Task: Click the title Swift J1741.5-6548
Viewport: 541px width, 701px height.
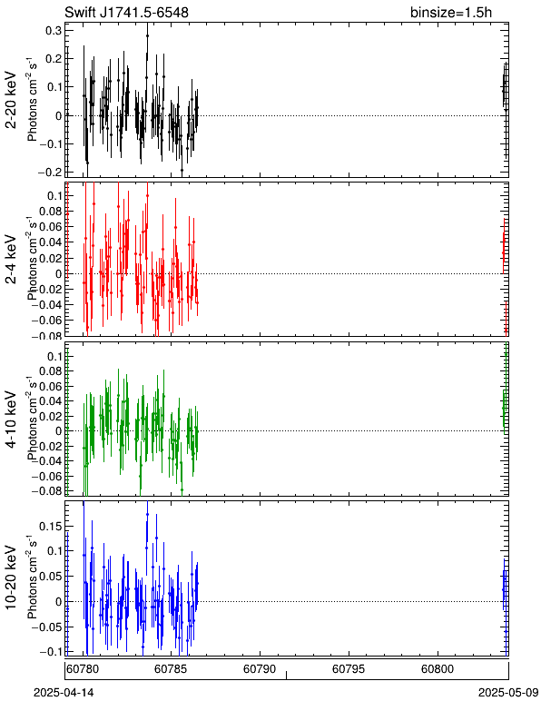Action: pyautogui.click(x=126, y=12)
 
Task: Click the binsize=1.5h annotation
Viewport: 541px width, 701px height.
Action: pyautogui.click(x=451, y=12)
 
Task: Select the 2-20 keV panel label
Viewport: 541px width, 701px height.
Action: pyautogui.click(x=11, y=100)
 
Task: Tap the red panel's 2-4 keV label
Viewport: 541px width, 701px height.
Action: pyautogui.click(x=11, y=260)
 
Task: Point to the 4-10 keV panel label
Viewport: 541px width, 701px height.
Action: pyautogui.click(x=11, y=420)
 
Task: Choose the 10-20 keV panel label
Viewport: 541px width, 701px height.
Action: pyautogui.click(x=11, y=578)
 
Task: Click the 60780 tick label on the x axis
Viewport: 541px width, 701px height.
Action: pyautogui.click(x=84, y=669)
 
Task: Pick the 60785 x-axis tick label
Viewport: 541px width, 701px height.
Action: pyautogui.click(x=171, y=669)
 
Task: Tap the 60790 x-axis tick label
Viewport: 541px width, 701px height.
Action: pyautogui.click(x=260, y=669)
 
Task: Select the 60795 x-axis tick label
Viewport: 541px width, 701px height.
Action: pyautogui.click(x=349, y=669)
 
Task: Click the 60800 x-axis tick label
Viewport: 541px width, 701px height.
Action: pyautogui.click(x=438, y=669)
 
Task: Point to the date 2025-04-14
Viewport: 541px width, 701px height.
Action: pyautogui.click(x=64, y=693)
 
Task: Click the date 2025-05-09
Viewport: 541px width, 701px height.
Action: pyautogui.click(x=508, y=693)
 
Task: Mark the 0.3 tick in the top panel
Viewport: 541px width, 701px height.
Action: pyautogui.click(x=54, y=30)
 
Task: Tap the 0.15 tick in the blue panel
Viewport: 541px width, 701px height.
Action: pyautogui.click(x=50, y=526)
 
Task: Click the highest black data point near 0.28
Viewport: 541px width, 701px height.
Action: pyautogui.click(x=147, y=35)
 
